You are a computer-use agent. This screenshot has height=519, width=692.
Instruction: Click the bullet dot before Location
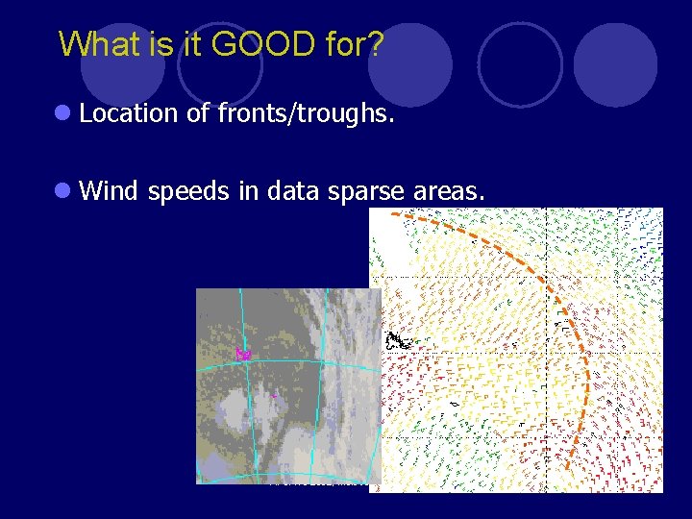pos(62,113)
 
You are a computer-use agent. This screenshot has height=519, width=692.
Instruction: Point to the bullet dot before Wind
pos(62,191)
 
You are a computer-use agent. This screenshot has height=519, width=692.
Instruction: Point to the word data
pos(292,191)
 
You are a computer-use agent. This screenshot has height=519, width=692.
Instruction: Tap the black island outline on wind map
pos(397,340)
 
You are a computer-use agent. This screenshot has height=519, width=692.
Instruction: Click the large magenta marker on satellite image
pos(243,354)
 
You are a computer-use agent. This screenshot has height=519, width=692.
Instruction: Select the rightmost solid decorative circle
pos(615,65)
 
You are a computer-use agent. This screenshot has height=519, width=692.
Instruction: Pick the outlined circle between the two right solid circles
pos(520,64)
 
